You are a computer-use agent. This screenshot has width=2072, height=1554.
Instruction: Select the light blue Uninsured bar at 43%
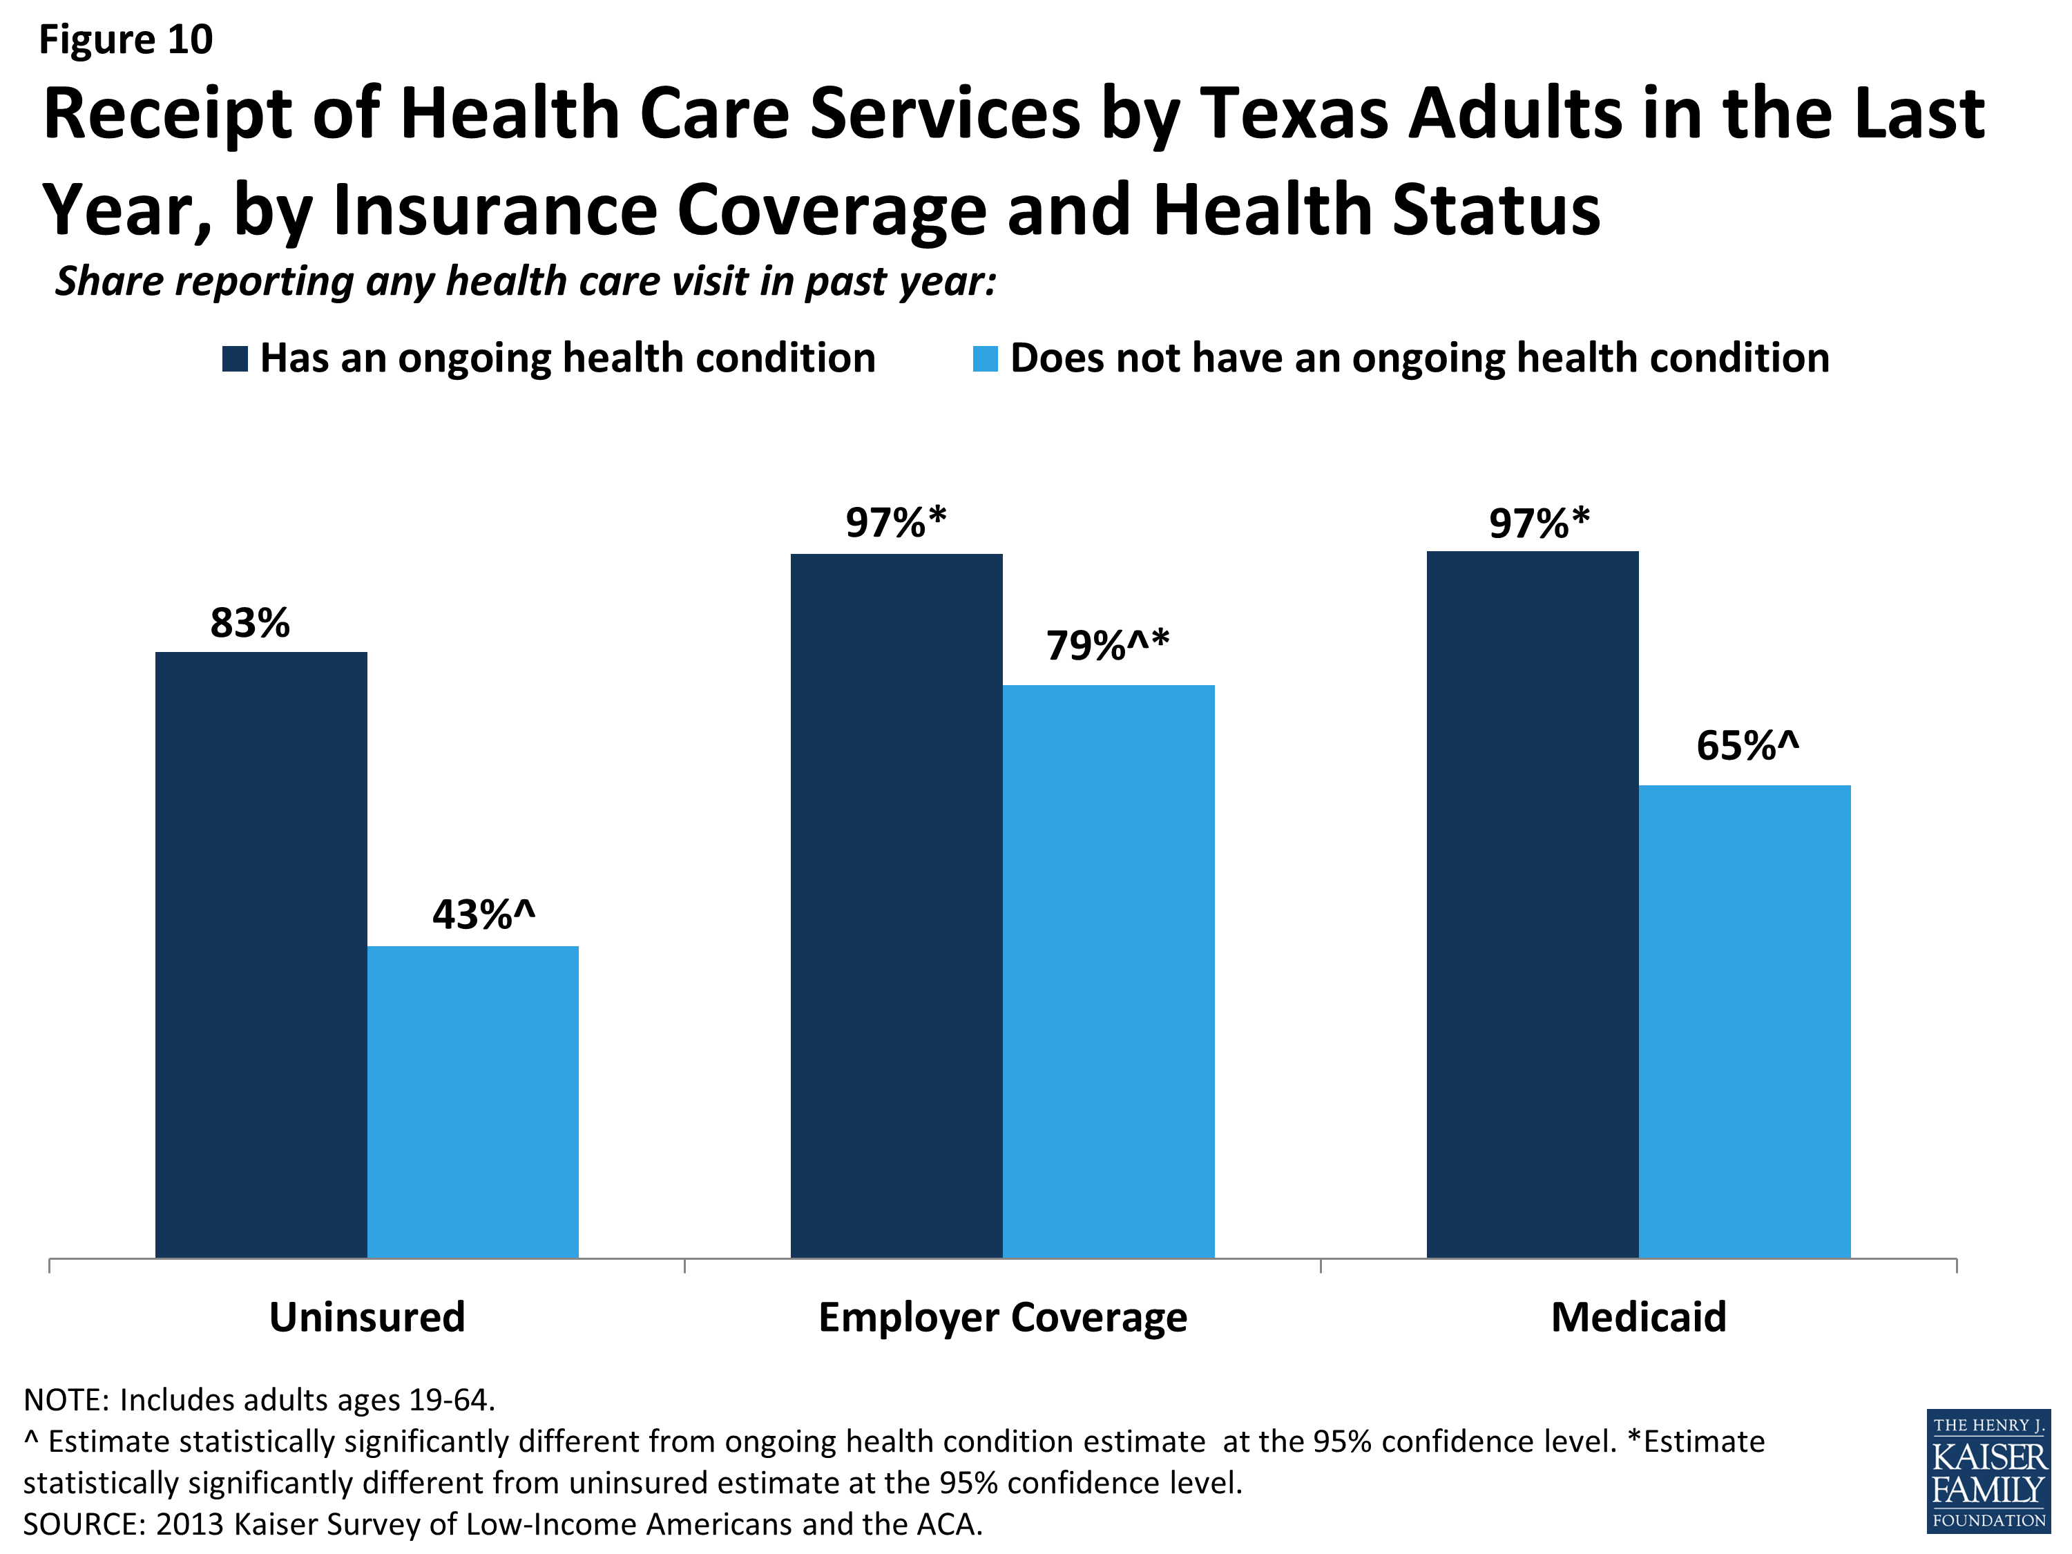472,1102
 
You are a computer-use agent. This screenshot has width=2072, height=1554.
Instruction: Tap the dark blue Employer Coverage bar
896,905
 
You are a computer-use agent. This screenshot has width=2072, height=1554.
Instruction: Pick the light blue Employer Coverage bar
1108,970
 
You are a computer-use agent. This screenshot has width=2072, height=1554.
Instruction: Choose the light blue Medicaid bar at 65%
1744,1021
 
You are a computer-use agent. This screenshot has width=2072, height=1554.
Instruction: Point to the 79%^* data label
1107,645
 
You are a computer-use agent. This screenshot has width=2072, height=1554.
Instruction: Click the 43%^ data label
483,914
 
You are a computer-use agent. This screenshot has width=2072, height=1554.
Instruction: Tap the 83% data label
250,623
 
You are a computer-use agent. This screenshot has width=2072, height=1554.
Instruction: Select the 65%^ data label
1747,746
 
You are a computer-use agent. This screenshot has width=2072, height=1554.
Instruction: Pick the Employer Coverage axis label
1002,1317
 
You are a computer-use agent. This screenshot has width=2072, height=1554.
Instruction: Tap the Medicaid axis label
1638,1317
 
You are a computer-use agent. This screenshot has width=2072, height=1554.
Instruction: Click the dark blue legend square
235,358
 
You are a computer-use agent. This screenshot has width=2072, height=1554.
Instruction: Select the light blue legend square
986,358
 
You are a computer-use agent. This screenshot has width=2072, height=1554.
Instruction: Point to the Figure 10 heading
126,39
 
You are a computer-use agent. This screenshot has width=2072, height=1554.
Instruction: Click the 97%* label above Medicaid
1539,523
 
